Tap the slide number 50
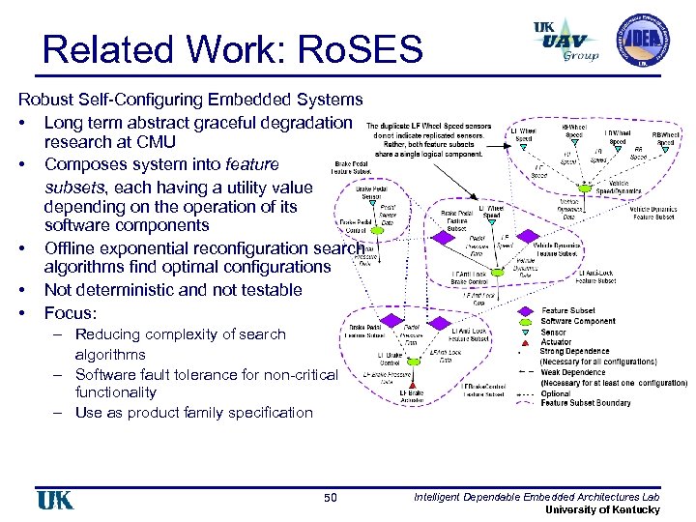point(331,498)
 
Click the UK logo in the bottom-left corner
point(54,499)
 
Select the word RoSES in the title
point(371,49)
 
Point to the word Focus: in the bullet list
point(72,312)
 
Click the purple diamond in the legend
point(524,311)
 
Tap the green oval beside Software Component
point(524,321)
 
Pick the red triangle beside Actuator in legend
point(524,342)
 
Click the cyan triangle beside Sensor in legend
point(524,332)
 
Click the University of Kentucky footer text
point(603,509)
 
